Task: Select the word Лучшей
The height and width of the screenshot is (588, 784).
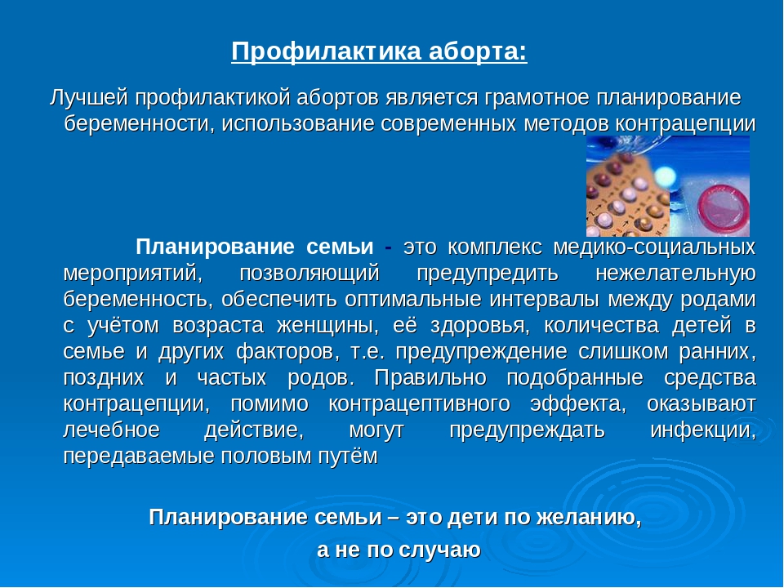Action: tap(89, 98)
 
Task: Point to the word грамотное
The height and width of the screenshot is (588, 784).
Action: tap(537, 98)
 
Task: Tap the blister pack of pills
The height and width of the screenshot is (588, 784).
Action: tap(628, 198)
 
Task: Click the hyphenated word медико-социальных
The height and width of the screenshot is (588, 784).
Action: tap(654, 247)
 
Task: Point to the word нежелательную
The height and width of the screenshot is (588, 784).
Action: tap(675, 274)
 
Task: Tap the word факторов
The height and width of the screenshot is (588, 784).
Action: tap(287, 351)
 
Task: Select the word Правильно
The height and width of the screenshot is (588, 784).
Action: tap(430, 377)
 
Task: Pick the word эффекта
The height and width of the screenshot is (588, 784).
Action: tap(578, 403)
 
